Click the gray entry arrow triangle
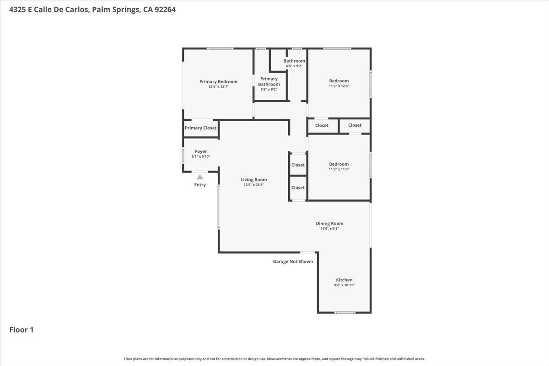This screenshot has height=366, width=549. [200, 177]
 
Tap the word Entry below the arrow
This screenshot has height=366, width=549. [200, 185]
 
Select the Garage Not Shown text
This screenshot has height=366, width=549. [293, 262]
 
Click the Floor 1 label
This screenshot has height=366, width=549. [22, 329]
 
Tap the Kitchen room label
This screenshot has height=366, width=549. [344, 280]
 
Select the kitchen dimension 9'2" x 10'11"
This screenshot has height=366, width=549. [344, 285]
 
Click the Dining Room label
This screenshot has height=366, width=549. [329, 224]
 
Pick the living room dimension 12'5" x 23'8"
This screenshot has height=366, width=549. [253, 185]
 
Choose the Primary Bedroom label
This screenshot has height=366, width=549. [218, 82]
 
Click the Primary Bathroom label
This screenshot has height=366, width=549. [269, 81]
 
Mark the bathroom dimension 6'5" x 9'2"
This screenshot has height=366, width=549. [294, 66]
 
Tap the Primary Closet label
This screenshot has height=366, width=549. [200, 128]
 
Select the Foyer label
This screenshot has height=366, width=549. [201, 151]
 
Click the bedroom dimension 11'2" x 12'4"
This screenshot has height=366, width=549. [339, 86]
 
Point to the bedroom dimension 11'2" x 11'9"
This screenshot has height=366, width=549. [339, 169]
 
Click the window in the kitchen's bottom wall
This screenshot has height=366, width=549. [344, 312]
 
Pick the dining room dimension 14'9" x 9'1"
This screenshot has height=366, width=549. [329, 229]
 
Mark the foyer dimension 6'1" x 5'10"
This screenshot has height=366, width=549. [201, 156]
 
